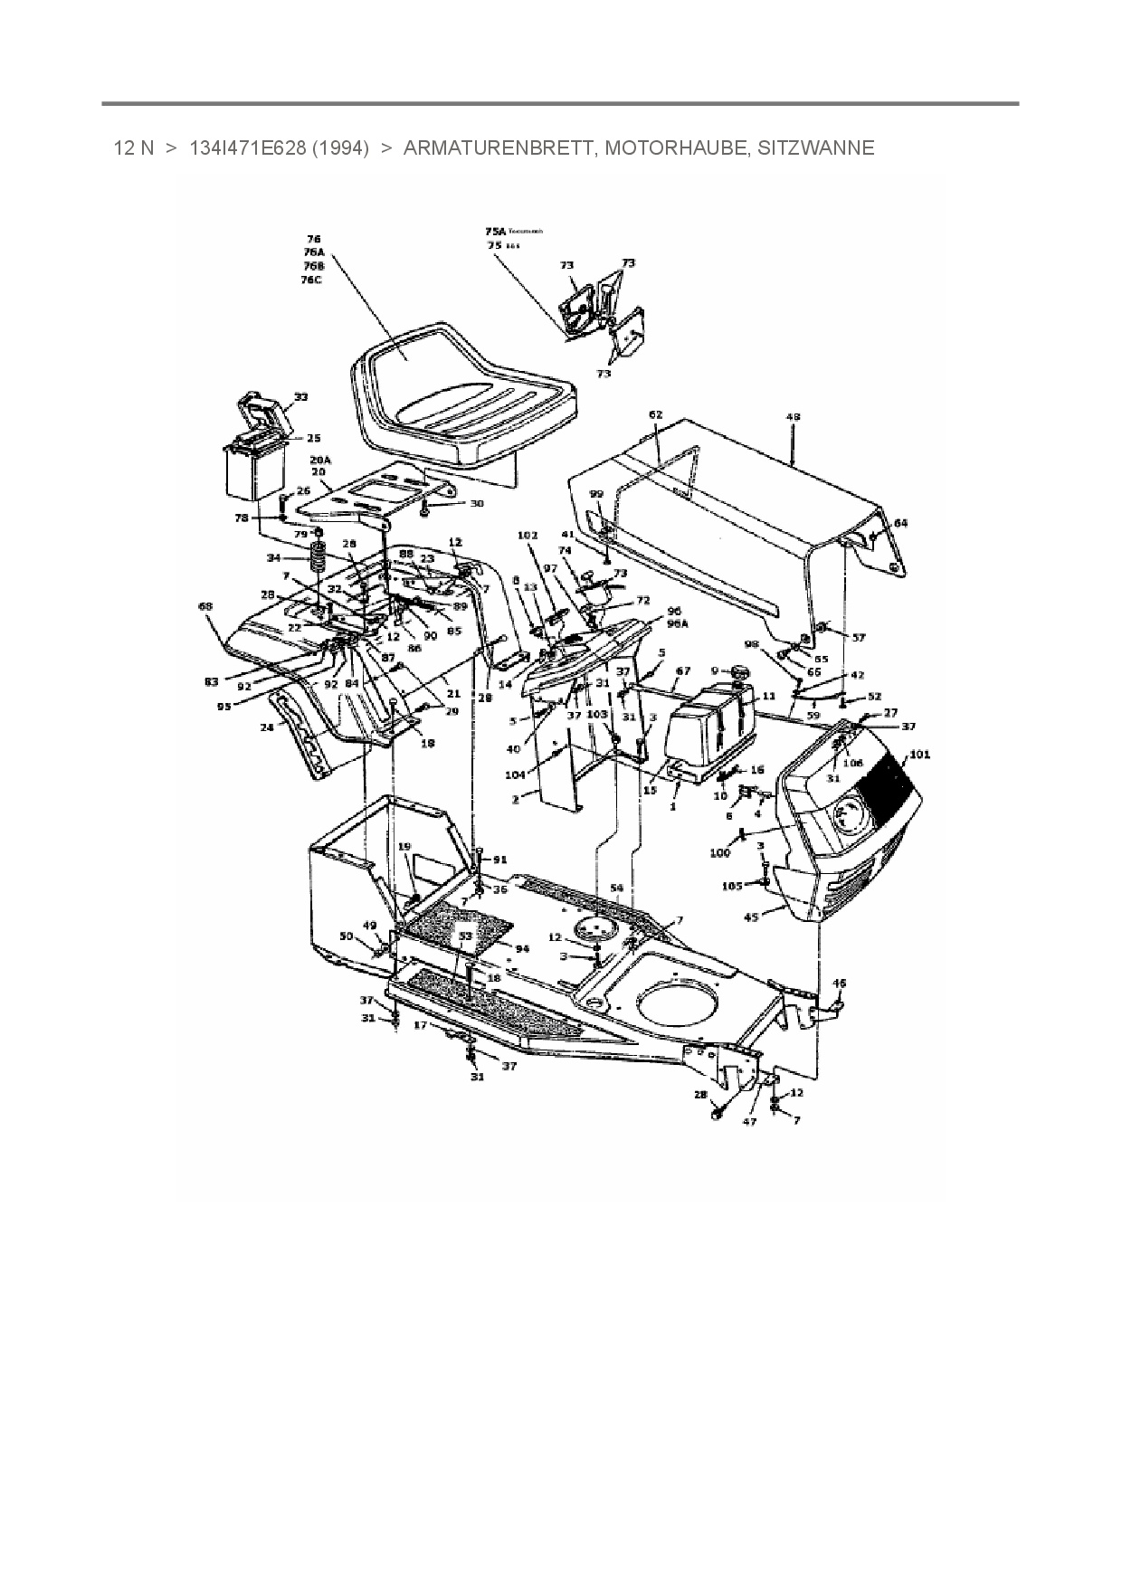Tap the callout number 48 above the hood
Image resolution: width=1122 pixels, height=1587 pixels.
click(x=793, y=417)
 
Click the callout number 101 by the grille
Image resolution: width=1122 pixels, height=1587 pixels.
click(x=919, y=755)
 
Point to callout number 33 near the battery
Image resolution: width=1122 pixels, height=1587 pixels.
click(x=300, y=396)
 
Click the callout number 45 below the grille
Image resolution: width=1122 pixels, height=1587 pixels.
click(x=751, y=917)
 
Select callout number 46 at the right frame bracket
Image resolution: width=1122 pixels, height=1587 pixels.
click(x=840, y=982)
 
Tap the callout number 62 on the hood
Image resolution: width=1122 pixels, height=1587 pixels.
click(x=656, y=414)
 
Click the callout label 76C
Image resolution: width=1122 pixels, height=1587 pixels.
click(x=311, y=280)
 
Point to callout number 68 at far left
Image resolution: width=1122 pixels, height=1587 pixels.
click(x=205, y=605)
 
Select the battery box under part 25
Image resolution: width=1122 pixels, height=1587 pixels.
click(x=253, y=472)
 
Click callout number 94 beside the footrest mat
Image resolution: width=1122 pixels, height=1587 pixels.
click(x=521, y=948)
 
